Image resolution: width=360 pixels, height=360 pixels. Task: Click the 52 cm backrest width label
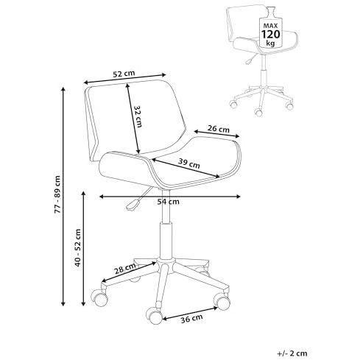(x=124, y=74)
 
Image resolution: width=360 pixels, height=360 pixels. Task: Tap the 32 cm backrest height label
(x=138, y=117)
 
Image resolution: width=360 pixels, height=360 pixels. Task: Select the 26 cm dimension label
(x=219, y=129)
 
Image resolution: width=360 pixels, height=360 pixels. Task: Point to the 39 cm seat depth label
(x=188, y=163)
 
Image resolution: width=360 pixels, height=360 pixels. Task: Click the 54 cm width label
(x=168, y=202)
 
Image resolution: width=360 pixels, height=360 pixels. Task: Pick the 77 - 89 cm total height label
(x=57, y=194)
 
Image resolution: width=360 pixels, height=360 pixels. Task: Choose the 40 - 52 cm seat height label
(x=78, y=248)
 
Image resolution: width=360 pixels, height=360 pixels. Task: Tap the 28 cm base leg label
(x=125, y=269)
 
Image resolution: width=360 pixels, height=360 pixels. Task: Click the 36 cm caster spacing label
(x=191, y=319)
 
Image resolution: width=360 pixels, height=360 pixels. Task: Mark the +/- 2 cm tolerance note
(x=292, y=353)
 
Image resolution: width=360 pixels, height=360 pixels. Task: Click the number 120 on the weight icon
(x=270, y=35)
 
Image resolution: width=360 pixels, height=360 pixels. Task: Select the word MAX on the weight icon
(x=270, y=26)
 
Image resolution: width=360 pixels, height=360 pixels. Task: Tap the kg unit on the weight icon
(x=270, y=44)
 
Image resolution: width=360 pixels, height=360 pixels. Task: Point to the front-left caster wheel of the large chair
(x=99, y=297)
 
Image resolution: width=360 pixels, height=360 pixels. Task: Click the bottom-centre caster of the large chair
(x=154, y=315)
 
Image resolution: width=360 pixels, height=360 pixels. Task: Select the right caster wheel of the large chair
(x=222, y=301)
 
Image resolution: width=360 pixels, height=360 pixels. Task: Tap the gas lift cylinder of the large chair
(x=166, y=241)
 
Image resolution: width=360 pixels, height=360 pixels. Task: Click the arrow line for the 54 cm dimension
(x=170, y=197)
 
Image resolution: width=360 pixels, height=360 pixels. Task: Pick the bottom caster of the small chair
(x=258, y=112)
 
